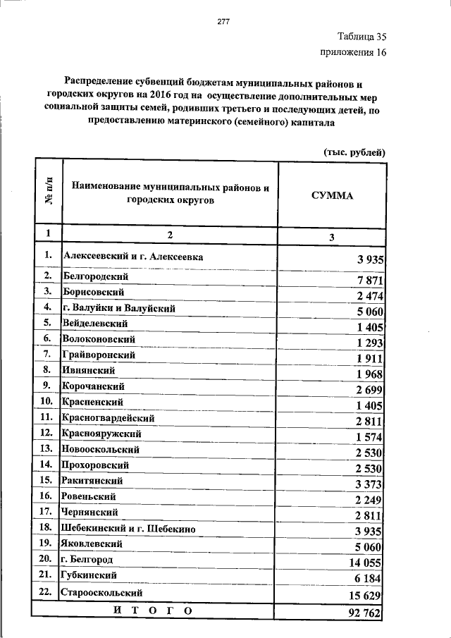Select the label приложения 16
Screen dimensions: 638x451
pyautogui.click(x=353, y=53)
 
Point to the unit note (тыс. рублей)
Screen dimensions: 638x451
pyautogui.click(x=354, y=152)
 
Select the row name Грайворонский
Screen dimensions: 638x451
pyautogui.click(x=97, y=355)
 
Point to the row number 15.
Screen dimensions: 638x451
pyautogui.click(x=47, y=481)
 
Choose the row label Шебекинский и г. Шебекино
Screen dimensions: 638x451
pyautogui.click(x=128, y=528)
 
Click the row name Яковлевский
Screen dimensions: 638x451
pyautogui.click(x=92, y=544)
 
